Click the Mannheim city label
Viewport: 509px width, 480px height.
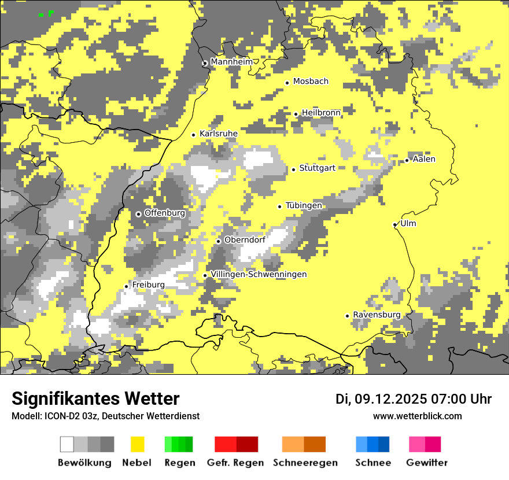click(x=231, y=61)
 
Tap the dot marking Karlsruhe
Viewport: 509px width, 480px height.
click(x=194, y=135)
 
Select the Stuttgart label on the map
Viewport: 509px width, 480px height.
click(x=317, y=168)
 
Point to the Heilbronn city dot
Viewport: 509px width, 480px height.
click(x=296, y=114)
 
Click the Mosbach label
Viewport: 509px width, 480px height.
click(x=311, y=82)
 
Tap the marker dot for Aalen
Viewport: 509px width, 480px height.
click(x=407, y=160)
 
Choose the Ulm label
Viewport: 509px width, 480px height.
click(x=408, y=223)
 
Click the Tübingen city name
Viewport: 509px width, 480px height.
click(x=304, y=205)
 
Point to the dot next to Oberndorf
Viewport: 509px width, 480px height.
click(x=219, y=241)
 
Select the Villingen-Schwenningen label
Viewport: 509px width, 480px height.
click(x=259, y=274)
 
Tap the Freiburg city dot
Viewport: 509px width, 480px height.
click(x=127, y=286)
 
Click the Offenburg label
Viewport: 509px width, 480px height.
click(x=165, y=213)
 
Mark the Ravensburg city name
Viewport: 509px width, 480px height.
click(x=377, y=315)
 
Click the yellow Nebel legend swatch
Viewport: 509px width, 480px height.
click(x=138, y=444)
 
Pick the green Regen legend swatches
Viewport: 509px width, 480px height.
click(x=179, y=444)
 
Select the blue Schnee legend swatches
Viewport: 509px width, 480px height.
click(x=372, y=444)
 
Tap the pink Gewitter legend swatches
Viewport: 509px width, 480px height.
click(x=425, y=444)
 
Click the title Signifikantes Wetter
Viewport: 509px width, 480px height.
click(x=95, y=398)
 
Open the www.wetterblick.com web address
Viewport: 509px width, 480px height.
click(x=417, y=416)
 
